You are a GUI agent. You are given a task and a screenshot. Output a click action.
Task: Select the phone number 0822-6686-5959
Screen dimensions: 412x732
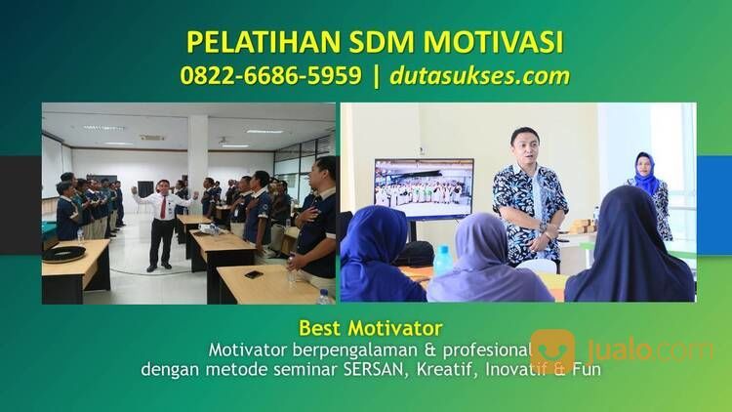tap(270, 76)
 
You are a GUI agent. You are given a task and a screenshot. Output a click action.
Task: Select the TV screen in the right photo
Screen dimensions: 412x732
tap(424, 188)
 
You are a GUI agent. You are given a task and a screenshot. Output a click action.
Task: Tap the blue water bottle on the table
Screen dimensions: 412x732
tap(443, 260)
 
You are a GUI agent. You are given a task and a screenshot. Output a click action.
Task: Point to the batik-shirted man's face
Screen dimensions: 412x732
tap(524, 147)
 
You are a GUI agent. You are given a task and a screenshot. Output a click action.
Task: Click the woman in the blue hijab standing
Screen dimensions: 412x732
tap(648, 195)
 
